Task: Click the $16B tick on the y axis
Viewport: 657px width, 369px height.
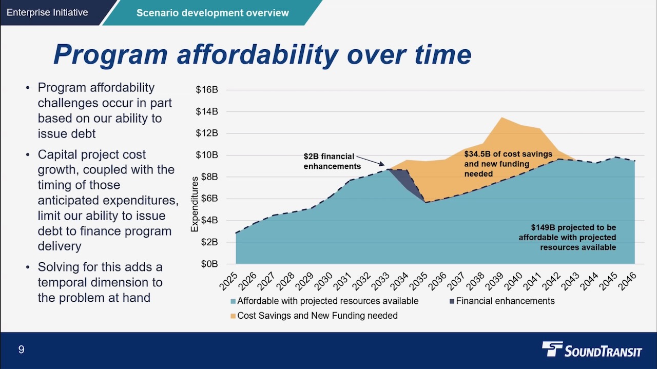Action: coord(207,90)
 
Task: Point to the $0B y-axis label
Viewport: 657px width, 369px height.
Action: coord(209,264)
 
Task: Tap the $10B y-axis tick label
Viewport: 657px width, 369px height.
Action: coord(207,155)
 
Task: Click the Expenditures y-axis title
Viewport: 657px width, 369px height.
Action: coord(195,204)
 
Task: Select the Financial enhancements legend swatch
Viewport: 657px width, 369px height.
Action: coord(452,301)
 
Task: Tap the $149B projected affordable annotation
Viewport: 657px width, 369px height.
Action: coord(567,237)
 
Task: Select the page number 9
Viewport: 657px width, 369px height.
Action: coord(21,349)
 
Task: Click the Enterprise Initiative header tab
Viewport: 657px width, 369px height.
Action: coord(47,12)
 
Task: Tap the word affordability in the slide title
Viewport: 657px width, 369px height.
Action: coord(257,55)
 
